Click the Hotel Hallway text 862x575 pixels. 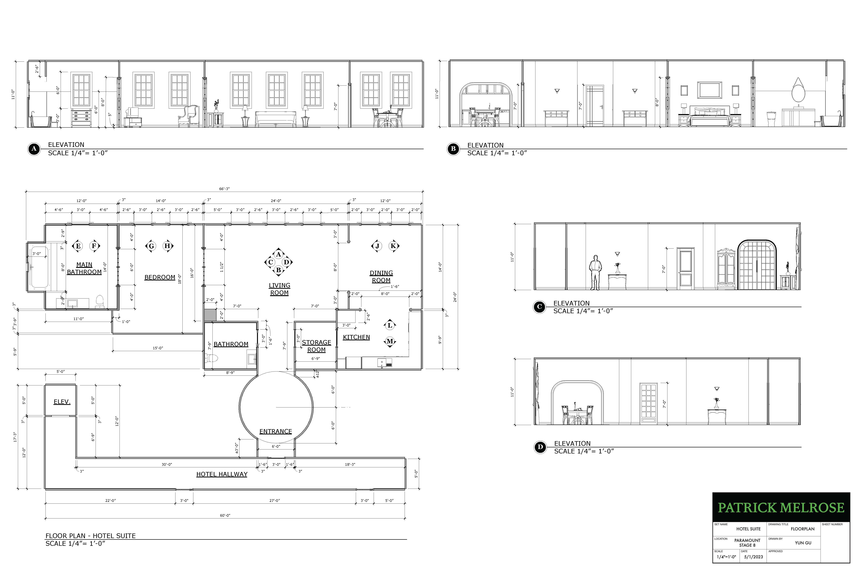coord(222,474)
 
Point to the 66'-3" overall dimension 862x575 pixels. coord(224,189)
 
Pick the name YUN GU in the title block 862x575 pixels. coord(803,543)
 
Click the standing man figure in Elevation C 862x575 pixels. coord(596,272)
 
